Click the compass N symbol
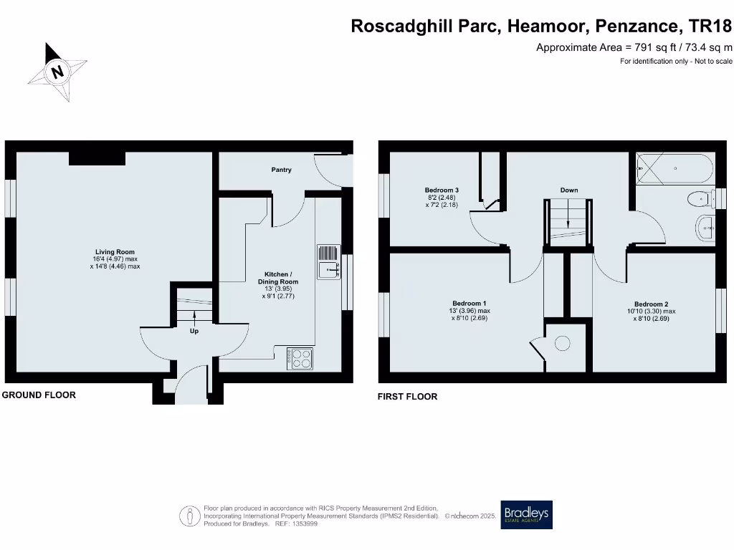coord(57,71)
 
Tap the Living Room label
coord(115,252)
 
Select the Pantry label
coord(281,170)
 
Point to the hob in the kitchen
coord(300,358)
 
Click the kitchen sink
coord(330,262)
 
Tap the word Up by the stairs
coord(194,332)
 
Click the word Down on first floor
coord(569,190)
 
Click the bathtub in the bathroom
coord(674,169)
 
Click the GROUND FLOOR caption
coord(39,395)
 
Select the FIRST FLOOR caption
coord(407,396)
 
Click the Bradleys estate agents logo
coord(527,514)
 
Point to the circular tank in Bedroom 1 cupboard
coord(562,344)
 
